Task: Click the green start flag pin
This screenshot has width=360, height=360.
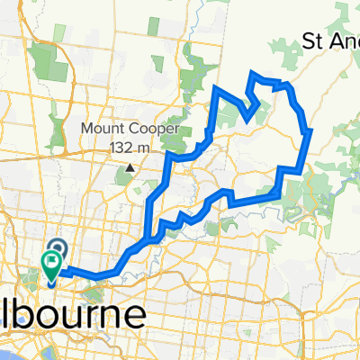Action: (x=50, y=265)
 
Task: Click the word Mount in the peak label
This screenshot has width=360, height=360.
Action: (x=102, y=128)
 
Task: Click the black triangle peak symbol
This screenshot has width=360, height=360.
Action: (x=130, y=166)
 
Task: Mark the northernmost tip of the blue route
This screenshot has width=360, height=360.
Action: (x=252, y=71)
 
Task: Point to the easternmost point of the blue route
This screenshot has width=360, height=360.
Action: (x=311, y=131)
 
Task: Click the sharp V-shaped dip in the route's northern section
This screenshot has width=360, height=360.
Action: (x=245, y=114)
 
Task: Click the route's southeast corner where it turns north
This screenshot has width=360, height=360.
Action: (x=282, y=191)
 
